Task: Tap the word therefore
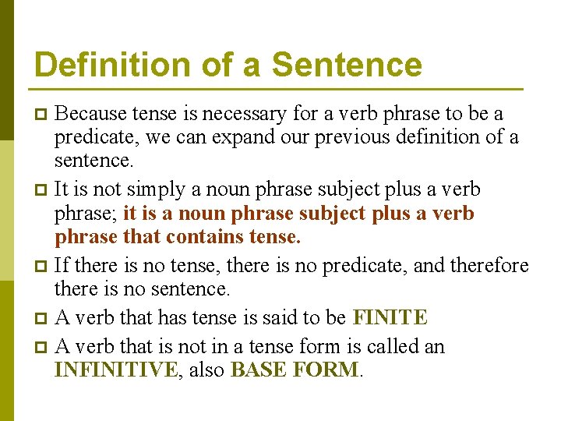[489, 267]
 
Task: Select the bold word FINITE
[390, 317]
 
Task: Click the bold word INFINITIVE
[115, 370]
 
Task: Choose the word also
[205, 370]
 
